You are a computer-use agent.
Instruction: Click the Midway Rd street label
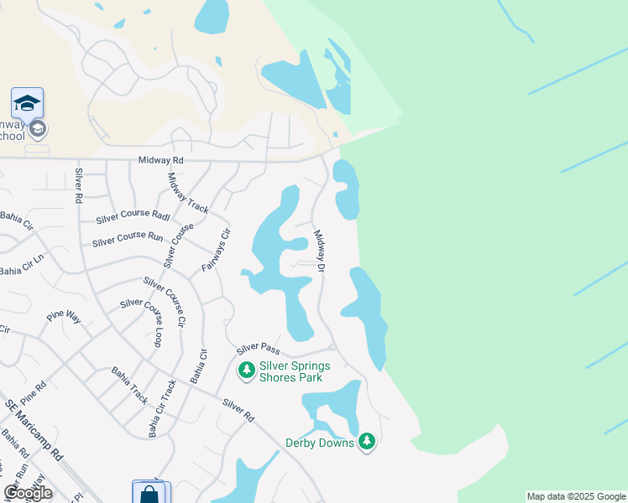160,159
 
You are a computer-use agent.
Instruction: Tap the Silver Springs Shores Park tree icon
246,371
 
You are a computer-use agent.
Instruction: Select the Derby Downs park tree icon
366,441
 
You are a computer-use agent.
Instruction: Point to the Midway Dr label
319,250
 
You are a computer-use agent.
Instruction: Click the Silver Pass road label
257,348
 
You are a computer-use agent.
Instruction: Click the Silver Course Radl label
133,215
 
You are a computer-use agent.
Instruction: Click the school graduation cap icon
27,103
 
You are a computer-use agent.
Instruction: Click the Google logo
28,493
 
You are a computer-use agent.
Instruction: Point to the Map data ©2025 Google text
577,496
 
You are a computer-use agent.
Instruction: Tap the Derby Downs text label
320,443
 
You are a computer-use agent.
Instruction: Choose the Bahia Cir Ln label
21,271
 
